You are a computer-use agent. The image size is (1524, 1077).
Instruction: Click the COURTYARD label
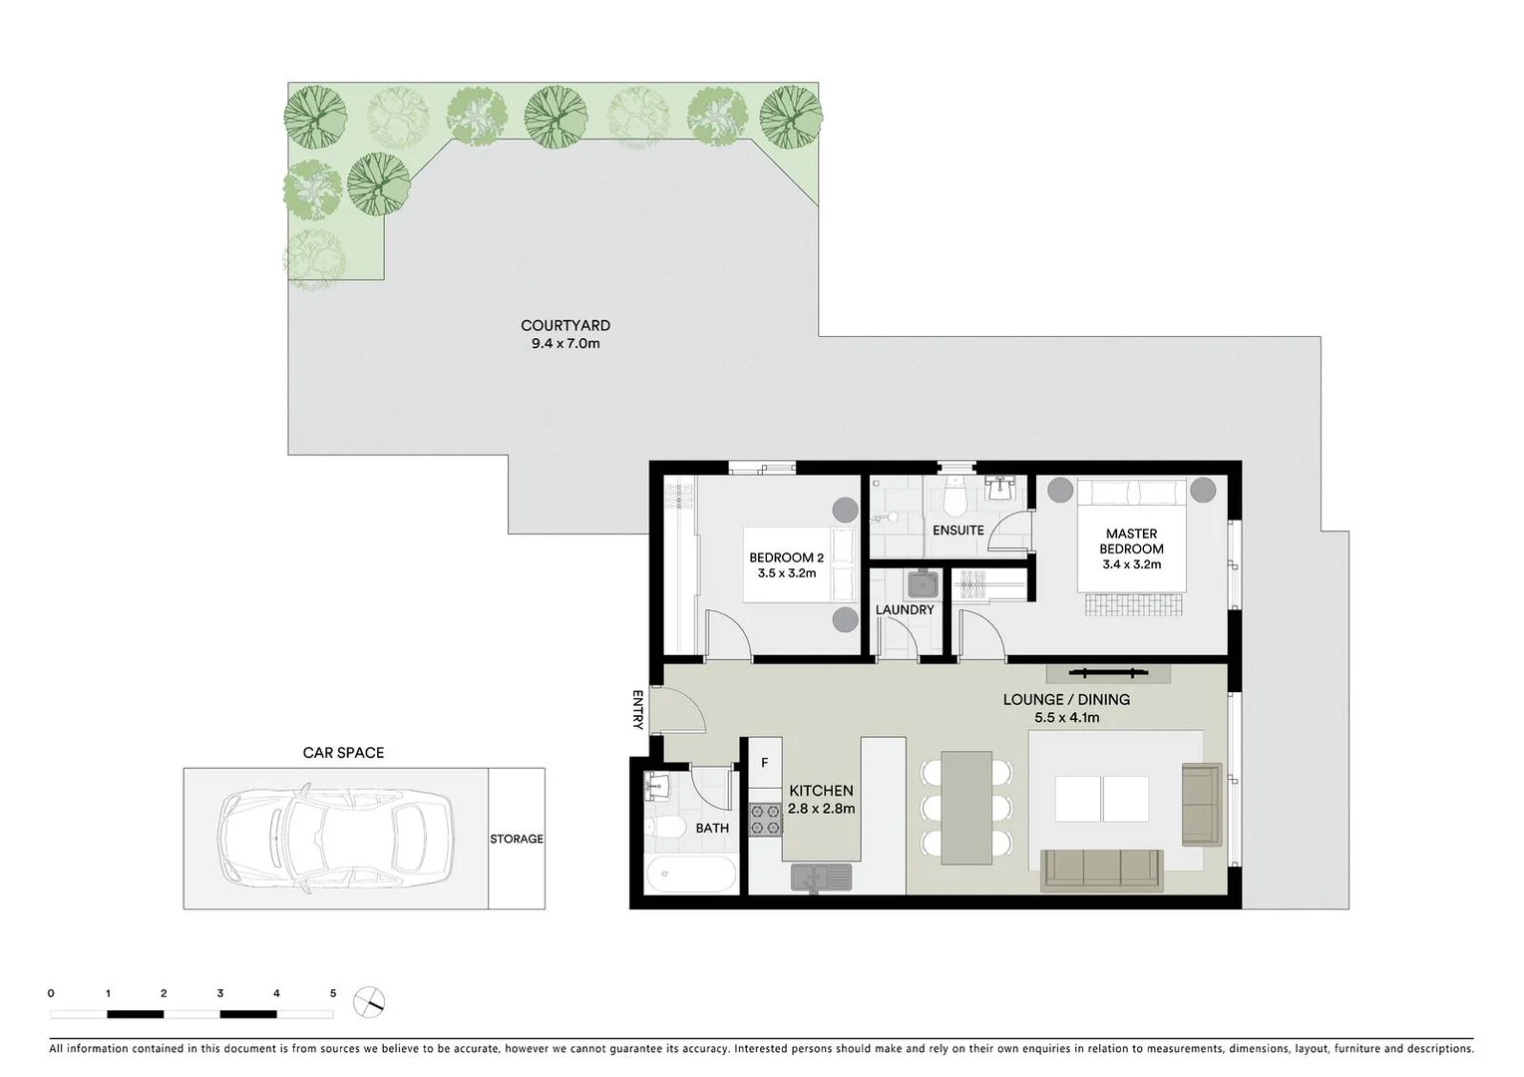pos(565,325)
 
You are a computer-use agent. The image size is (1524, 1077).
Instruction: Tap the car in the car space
pos(335,839)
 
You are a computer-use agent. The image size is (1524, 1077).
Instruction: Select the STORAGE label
pos(516,839)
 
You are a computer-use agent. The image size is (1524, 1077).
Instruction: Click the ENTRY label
pos(637,709)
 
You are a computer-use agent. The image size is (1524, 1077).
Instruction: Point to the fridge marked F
pos(765,763)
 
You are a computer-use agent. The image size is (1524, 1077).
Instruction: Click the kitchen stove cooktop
pos(765,820)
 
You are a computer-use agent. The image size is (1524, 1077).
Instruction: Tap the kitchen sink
pos(821,878)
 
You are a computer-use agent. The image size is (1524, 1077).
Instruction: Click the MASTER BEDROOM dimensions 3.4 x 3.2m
pos(1131,564)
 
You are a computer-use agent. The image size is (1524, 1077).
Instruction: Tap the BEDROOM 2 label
pos(786,557)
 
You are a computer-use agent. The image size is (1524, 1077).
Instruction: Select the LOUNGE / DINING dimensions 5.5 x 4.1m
pos(1066,717)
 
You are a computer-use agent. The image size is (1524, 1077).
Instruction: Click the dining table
pos(966,808)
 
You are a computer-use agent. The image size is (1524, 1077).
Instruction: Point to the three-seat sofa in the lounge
pos(1101,870)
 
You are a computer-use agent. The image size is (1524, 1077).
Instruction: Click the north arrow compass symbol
pos(369,1001)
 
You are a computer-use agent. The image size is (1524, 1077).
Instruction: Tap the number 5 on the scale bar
pos(333,993)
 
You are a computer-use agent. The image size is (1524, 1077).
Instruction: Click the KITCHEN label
pos(821,791)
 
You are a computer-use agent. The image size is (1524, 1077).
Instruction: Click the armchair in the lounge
pos(1201,804)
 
